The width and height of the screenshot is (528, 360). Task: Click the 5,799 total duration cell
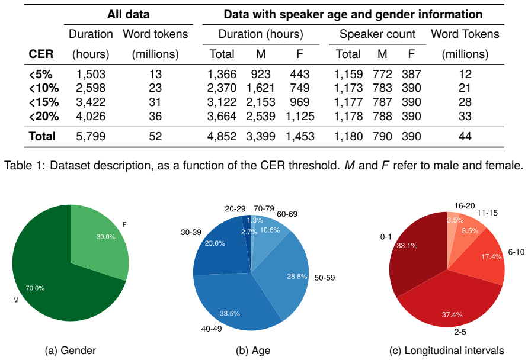click(x=91, y=136)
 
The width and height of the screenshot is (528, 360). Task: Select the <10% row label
click(x=44, y=88)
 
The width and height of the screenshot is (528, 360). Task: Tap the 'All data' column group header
click(x=128, y=14)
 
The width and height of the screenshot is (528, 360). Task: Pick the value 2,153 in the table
click(x=261, y=102)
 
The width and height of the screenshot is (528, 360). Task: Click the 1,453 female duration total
click(x=300, y=136)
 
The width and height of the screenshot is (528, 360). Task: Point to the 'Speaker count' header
click(x=377, y=34)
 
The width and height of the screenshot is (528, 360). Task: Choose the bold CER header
click(x=41, y=54)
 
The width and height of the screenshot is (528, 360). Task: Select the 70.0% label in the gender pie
click(x=35, y=288)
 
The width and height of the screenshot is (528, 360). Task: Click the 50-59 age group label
click(x=325, y=278)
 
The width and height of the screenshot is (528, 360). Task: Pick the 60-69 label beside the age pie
click(x=287, y=214)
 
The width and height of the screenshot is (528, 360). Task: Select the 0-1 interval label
click(x=386, y=237)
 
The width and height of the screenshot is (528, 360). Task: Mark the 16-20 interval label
click(x=465, y=206)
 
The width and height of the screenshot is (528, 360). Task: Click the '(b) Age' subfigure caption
click(x=253, y=351)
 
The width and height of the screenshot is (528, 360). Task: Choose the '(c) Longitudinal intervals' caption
click(x=446, y=351)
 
